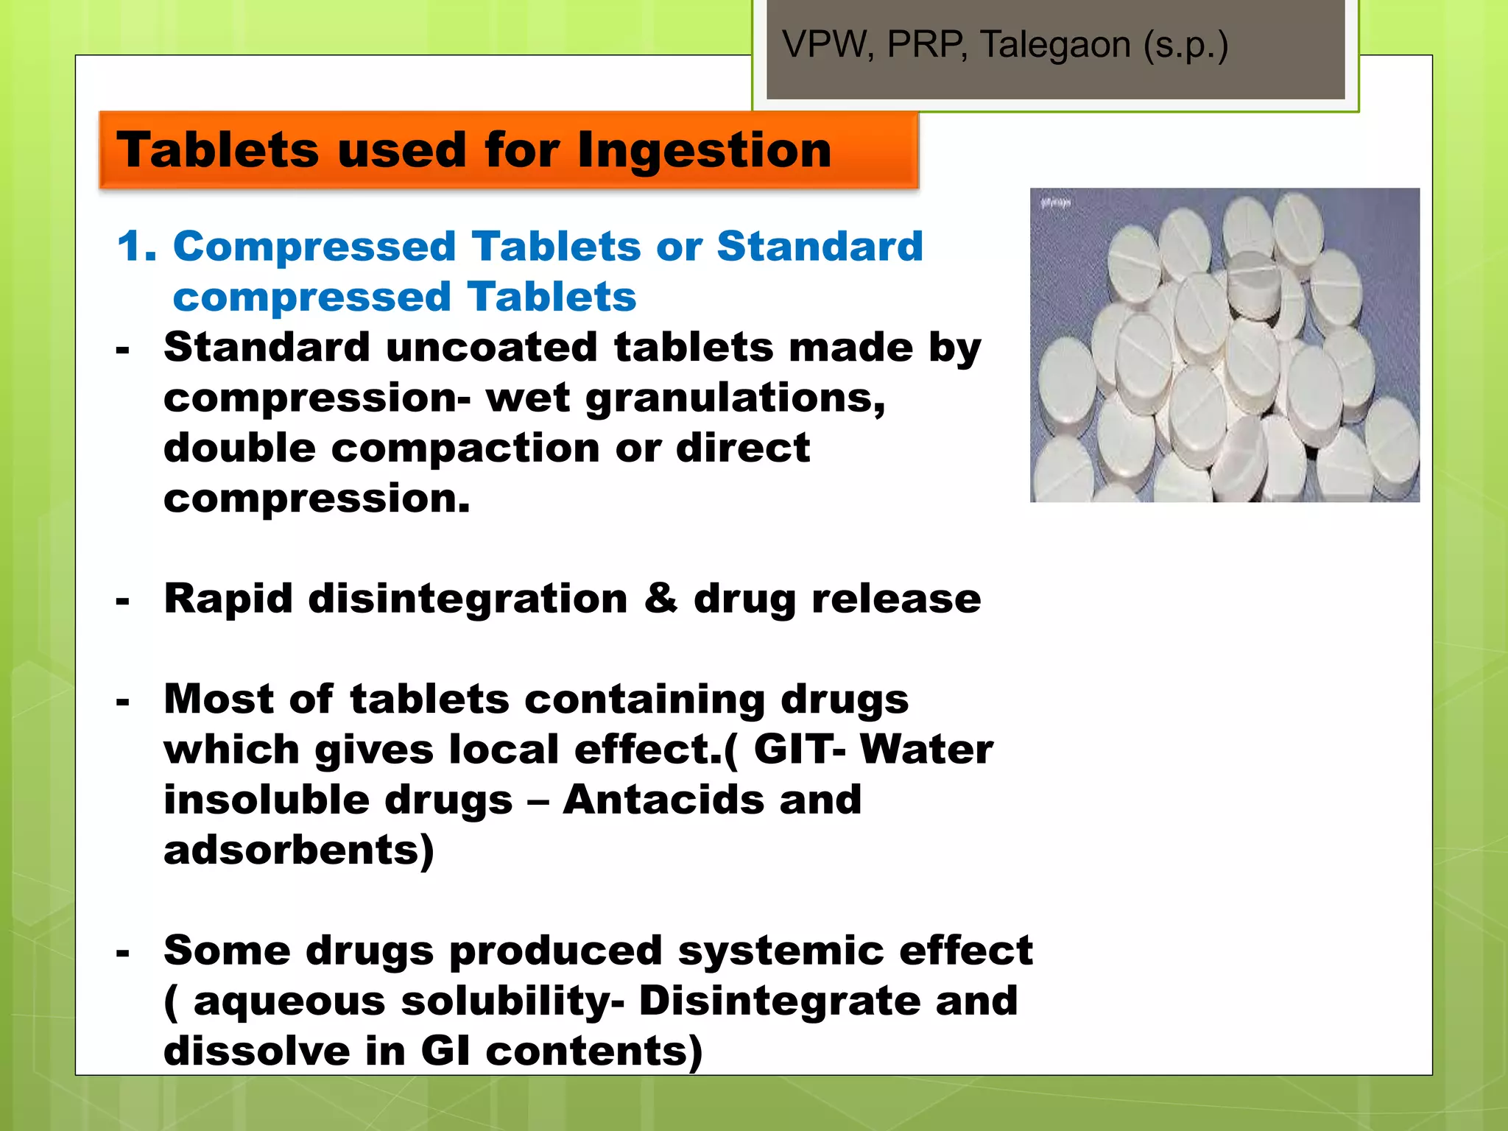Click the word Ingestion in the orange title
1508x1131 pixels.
click(704, 150)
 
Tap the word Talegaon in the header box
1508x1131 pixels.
click(1055, 45)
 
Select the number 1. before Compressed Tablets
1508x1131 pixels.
click(137, 246)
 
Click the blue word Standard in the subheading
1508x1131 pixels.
click(820, 246)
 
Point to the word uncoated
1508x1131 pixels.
click(491, 348)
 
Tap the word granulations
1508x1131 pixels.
click(735, 398)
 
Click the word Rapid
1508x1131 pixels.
click(228, 599)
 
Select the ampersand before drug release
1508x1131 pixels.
click(660, 599)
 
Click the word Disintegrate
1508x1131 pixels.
click(779, 1001)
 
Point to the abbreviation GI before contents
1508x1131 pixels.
click(445, 1051)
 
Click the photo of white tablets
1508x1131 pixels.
click(1224, 345)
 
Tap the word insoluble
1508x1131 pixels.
click(264, 800)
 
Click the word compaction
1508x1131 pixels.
click(465, 448)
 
